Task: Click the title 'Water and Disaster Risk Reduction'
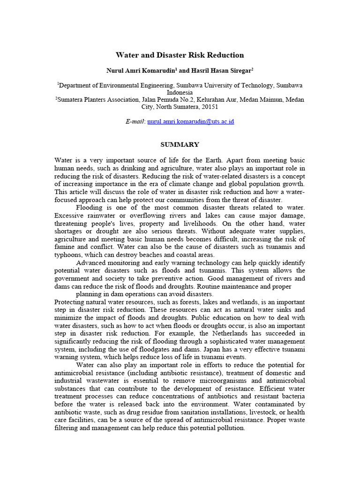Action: click(x=180, y=55)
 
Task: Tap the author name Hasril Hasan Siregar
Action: click(x=220, y=70)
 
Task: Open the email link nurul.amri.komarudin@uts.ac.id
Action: click(x=190, y=121)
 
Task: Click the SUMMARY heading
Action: click(x=180, y=144)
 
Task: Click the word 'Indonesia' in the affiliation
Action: click(x=180, y=92)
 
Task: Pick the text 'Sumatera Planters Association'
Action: click(x=98, y=100)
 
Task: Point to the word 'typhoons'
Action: click(x=68, y=255)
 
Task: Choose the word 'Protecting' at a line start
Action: click(x=70, y=301)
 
